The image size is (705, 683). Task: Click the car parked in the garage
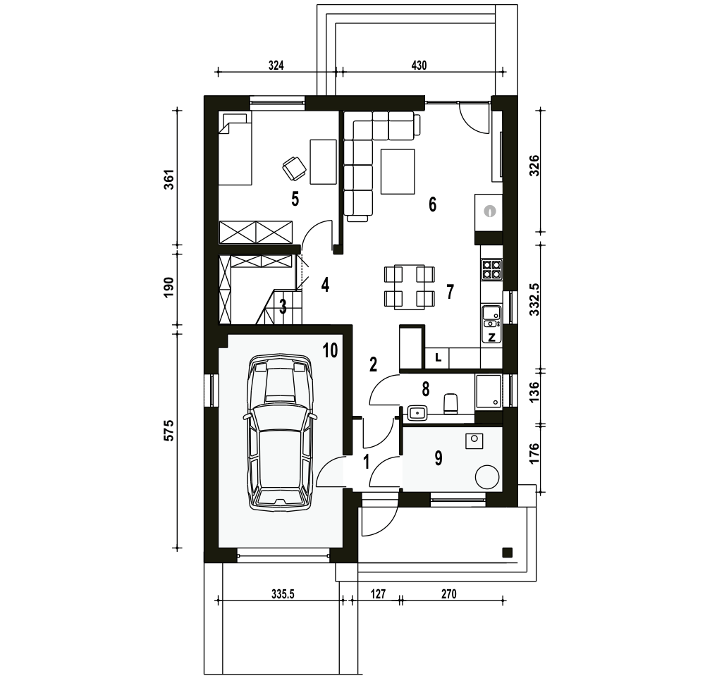tap(279, 431)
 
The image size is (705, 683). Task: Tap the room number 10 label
tap(330, 350)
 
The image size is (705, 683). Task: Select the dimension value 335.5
tap(283, 594)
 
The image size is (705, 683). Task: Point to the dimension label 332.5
tap(534, 299)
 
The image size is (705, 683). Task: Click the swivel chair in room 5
tap(293, 167)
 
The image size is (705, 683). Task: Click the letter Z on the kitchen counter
tap(491, 337)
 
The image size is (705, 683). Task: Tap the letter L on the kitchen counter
tap(439, 358)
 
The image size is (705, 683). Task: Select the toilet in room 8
tap(450, 403)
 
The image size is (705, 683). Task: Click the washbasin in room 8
tap(417, 412)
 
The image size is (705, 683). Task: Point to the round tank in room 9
tap(487, 477)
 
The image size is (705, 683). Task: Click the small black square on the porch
tap(508, 552)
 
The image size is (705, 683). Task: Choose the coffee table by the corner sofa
tap(398, 171)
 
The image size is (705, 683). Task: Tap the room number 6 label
tap(432, 204)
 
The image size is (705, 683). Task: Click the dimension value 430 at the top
tap(419, 65)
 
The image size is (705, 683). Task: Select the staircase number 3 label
tap(283, 307)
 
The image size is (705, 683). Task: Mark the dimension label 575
tap(168, 430)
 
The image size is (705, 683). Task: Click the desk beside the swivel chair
tap(324, 161)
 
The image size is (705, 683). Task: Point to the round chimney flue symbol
tap(490, 211)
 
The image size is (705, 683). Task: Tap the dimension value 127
tap(378, 594)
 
